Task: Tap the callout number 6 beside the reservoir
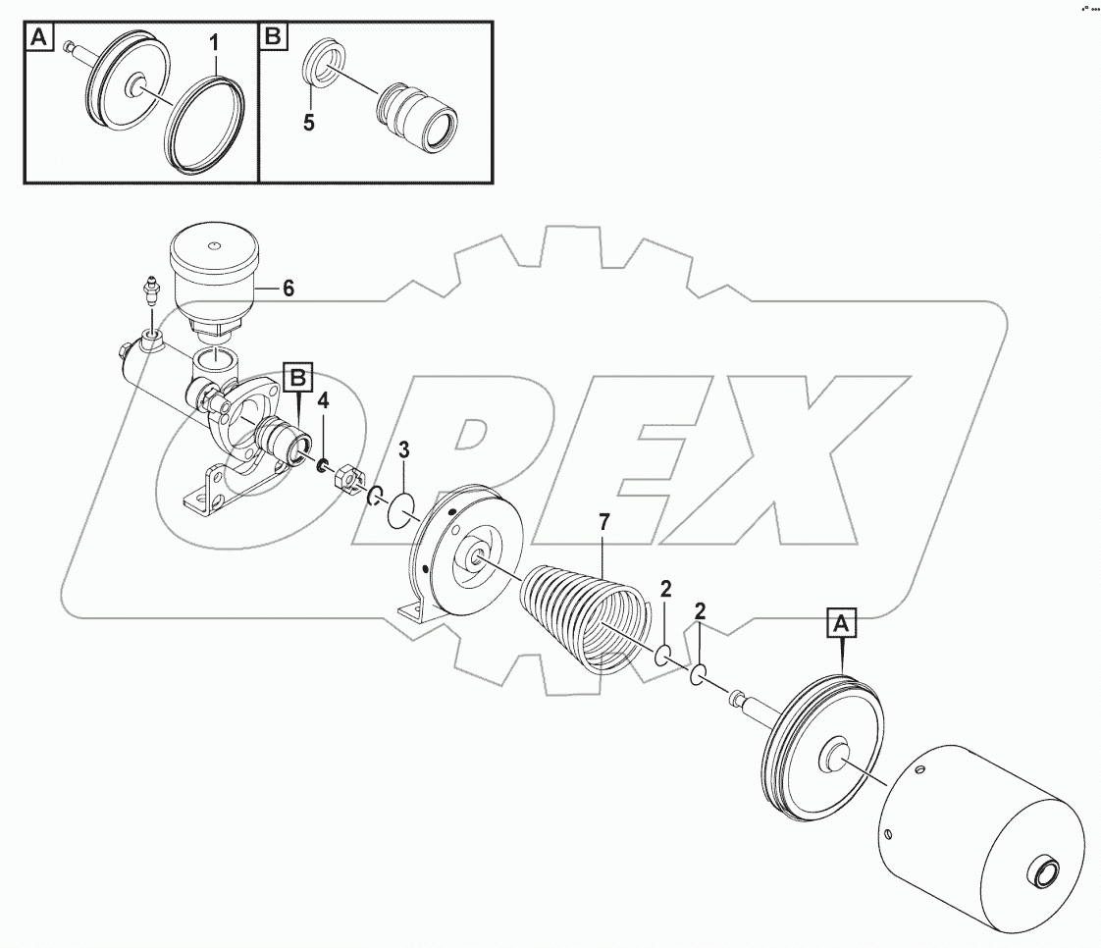point(288,289)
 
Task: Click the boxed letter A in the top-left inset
point(38,38)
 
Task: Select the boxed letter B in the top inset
point(272,38)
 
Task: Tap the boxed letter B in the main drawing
point(298,377)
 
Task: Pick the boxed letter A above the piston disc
point(843,622)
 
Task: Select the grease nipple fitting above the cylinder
point(151,291)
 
